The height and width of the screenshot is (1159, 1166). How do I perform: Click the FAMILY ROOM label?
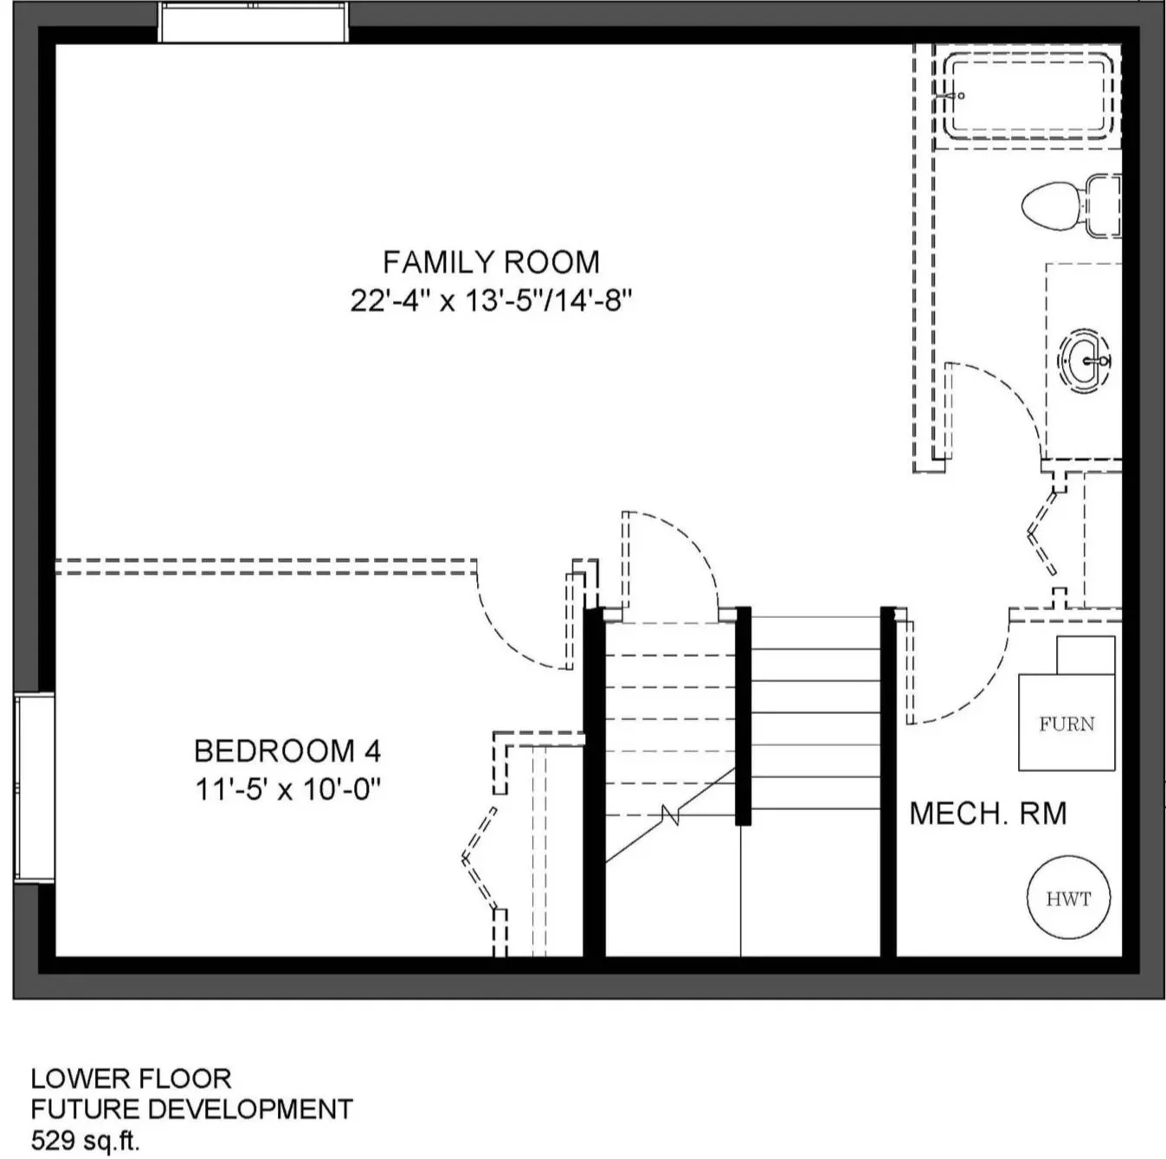pyautogui.click(x=491, y=262)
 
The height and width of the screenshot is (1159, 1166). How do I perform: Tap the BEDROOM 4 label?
pyautogui.click(x=287, y=751)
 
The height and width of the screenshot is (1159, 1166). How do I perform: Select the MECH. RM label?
pyautogui.click(x=988, y=814)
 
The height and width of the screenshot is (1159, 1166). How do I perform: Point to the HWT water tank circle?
pyautogui.click(x=1068, y=898)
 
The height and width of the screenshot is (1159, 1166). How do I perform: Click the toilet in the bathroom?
pyautogui.click(x=1071, y=205)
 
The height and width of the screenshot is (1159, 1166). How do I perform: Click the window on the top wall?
pyautogui.click(x=254, y=23)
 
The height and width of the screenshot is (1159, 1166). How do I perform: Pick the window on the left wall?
pyautogui.click(x=35, y=788)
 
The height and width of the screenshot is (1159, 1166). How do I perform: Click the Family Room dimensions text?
pyautogui.click(x=491, y=301)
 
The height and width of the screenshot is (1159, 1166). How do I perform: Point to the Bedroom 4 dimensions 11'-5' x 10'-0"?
pyautogui.click(x=287, y=789)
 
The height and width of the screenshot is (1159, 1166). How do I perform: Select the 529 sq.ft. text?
pyautogui.click(x=86, y=1141)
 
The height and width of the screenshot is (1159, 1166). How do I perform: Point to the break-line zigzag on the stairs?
pyautogui.click(x=671, y=815)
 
